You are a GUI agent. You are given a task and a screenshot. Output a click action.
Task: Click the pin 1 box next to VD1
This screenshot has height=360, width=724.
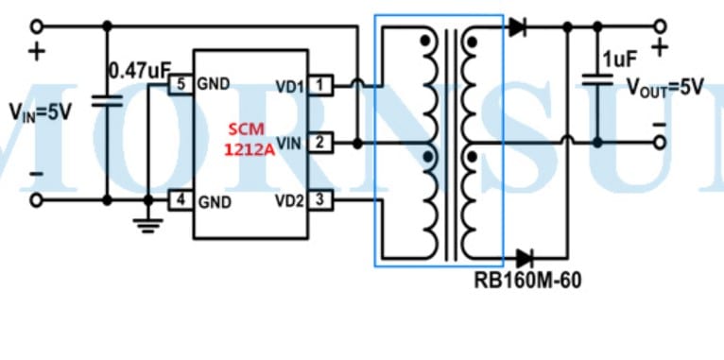point(319,86)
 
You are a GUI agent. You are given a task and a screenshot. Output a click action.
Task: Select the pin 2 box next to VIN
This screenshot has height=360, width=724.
point(319,143)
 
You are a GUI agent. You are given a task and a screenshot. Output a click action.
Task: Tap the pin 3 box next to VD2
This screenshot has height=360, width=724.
point(319,199)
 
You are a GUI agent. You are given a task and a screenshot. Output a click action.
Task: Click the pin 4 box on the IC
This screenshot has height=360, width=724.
point(180,199)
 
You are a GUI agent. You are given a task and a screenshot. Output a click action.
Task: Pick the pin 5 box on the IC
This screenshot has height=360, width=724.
point(180,84)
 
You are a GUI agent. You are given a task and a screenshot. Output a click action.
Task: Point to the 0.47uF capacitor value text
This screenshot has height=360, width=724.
point(138,70)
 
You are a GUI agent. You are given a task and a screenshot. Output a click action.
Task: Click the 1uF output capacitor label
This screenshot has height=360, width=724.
point(620,59)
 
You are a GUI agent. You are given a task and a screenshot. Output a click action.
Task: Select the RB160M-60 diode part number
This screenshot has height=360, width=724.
point(527,281)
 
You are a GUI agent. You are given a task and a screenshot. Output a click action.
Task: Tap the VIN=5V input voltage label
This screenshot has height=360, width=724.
point(41,111)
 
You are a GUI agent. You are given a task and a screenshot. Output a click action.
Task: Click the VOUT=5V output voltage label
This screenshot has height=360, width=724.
point(665,87)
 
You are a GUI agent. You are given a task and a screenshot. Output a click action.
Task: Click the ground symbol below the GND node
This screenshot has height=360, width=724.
point(147,224)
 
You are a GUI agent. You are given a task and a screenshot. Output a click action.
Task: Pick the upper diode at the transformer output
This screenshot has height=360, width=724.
point(517,27)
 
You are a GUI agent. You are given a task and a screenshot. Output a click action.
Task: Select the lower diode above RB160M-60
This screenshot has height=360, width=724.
point(523,257)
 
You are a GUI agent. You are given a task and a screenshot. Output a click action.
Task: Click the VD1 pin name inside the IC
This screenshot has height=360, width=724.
point(289,86)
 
